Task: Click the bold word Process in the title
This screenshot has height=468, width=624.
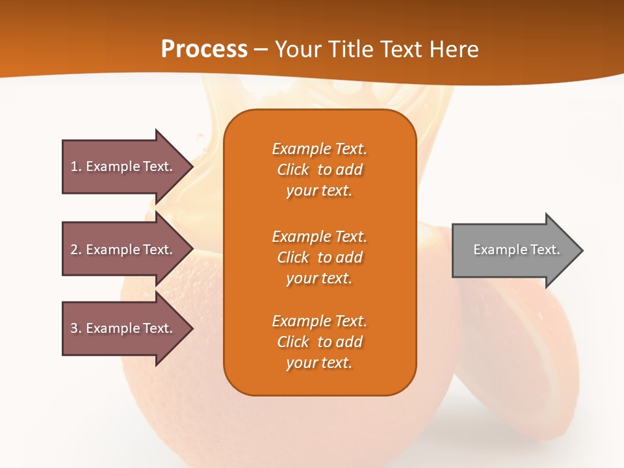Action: tap(204, 49)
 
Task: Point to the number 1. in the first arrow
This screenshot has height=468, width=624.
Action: tap(76, 166)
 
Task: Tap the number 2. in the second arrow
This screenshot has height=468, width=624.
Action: tap(76, 250)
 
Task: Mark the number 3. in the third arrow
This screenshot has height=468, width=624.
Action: tap(76, 328)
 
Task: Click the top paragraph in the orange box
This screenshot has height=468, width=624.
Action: tap(319, 170)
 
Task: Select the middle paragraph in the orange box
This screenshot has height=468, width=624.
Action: tap(319, 257)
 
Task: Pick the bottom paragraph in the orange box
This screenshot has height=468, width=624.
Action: tap(319, 342)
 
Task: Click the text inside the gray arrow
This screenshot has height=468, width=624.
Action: tap(517, 250)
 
